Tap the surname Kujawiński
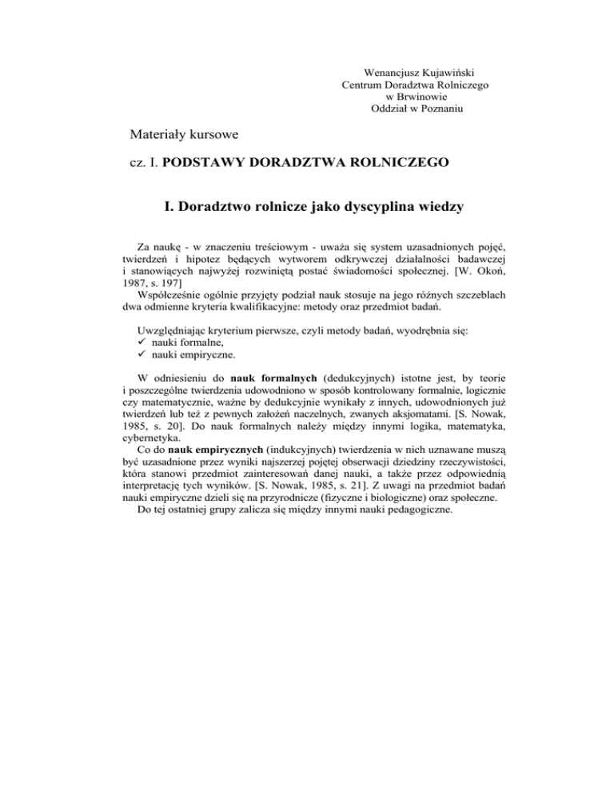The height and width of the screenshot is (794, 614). click(x=457, y=70)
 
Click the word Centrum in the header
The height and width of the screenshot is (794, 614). click(x=362, y=83)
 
